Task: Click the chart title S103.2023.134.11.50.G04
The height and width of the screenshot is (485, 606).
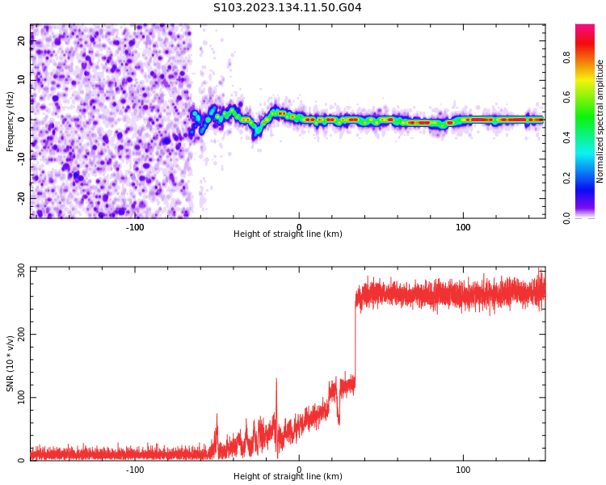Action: [x=288, y=8]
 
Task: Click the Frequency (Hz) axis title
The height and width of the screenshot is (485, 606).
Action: [x=11, y=121]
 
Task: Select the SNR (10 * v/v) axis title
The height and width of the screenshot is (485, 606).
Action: [x=11, y=364]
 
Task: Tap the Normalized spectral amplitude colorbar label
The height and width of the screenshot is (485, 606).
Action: [x=600, y=121]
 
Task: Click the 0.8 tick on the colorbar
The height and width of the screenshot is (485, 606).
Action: [x=568, y=57]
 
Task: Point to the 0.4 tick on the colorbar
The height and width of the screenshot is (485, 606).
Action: [x=568, y=137]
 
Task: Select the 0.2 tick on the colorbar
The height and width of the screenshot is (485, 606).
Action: [x=568, y=177]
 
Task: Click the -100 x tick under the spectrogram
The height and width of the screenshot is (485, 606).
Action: [x=135, y=227]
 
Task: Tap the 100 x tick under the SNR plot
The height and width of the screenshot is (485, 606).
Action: [x=463, y=470]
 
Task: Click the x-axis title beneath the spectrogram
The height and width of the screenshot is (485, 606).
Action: [x=288, y=234]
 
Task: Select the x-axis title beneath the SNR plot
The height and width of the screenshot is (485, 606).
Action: [x=288, y=477]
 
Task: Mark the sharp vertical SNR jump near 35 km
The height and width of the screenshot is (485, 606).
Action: [x=355, y=339]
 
